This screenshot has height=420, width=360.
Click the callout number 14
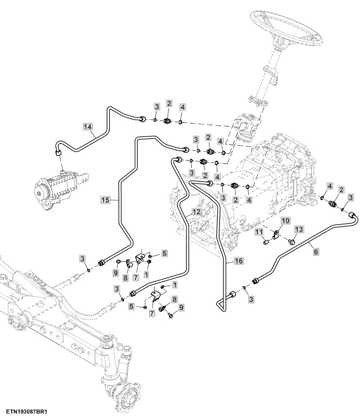87,126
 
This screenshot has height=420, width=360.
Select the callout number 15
105,200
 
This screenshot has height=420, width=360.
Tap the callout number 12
196,212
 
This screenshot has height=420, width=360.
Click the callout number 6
316,252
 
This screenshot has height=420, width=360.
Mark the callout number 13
299,229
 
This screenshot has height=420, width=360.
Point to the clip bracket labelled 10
276,236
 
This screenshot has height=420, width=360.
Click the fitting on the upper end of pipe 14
143,119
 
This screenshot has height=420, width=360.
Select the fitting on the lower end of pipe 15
101,263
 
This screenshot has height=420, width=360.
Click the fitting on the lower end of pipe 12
132,294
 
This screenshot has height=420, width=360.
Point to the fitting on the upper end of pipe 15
186,150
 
